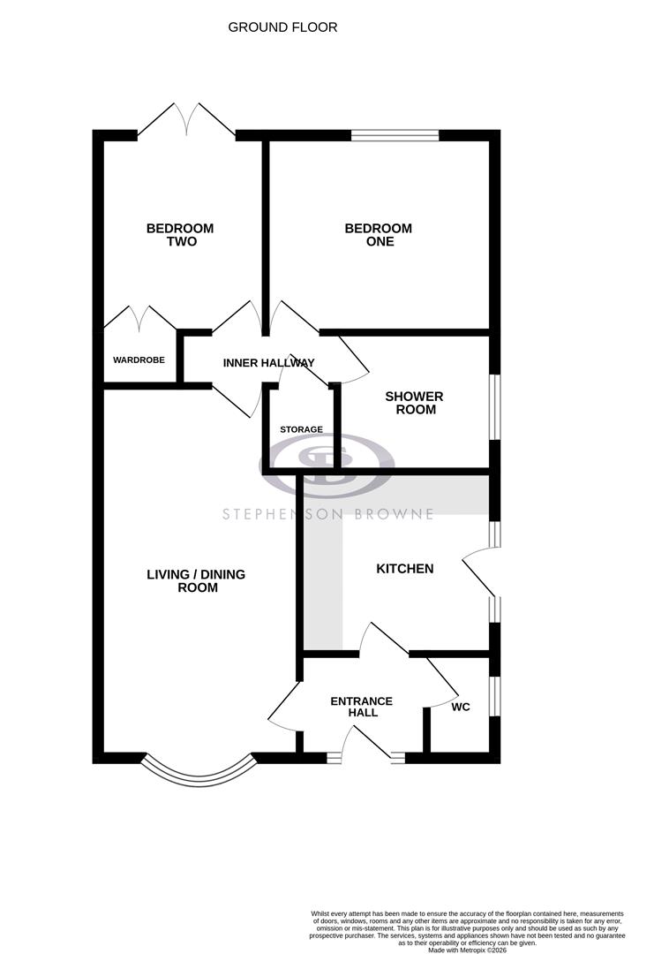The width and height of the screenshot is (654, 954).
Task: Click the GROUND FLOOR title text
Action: [x=282, y=27]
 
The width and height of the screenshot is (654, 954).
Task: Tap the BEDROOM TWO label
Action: [x=179, y=235]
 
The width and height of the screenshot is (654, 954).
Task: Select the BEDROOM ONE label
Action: [x=378, y=235]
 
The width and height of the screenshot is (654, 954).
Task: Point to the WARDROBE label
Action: [x=139, y=360]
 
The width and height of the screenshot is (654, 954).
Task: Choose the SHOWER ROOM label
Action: [x=414, y=403]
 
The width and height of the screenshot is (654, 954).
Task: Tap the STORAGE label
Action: [x=301, y=429]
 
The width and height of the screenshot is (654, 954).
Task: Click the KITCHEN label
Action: [x=405, y=569]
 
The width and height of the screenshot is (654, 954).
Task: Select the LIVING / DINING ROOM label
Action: [x=196, y=580]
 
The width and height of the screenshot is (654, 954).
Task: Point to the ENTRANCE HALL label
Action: [x=361, y=707]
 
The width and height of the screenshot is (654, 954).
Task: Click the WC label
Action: [x=460, y=708]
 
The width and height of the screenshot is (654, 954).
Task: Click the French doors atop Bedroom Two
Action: [x=186, y=119]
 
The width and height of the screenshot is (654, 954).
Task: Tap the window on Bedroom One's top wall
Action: [x=395, y=136]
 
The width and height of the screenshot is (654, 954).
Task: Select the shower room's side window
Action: [x=495, y=407]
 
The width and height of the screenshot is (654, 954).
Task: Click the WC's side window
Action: [x=495, y=694]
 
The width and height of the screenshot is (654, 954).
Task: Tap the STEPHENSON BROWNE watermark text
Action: [x=327, y=514]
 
